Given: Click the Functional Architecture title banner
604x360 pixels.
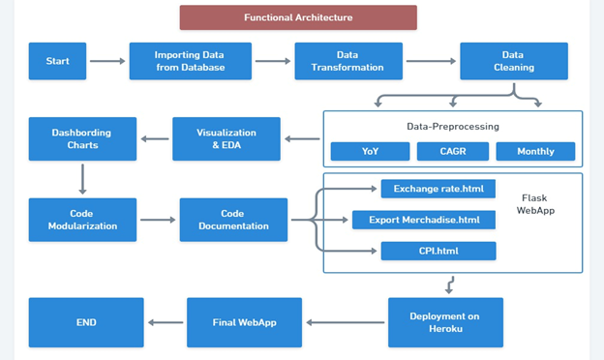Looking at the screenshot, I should [298, 17].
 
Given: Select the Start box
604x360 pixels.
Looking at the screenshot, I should [57, 61].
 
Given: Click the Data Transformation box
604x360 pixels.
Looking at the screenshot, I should [347, 61].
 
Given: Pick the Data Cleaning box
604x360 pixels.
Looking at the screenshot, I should [512, 61].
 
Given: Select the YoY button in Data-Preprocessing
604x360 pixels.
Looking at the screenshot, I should [369, 152].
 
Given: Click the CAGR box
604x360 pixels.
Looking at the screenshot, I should [452, 152].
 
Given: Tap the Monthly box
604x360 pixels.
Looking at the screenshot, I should [535, 152].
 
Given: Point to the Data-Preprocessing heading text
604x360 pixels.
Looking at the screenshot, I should [452, 126].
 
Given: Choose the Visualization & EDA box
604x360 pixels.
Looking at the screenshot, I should [226, 139].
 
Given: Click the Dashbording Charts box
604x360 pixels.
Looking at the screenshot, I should [80, 139].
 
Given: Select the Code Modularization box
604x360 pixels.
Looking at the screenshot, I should [80, 220].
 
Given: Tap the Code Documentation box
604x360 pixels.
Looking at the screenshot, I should [233, 220].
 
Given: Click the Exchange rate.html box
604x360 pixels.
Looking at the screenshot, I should [438, 189].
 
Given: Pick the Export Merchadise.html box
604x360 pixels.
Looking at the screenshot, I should [424, 220].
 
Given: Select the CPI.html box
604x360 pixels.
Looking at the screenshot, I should [438, 252].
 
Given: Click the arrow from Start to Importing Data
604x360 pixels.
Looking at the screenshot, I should [107, 62].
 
